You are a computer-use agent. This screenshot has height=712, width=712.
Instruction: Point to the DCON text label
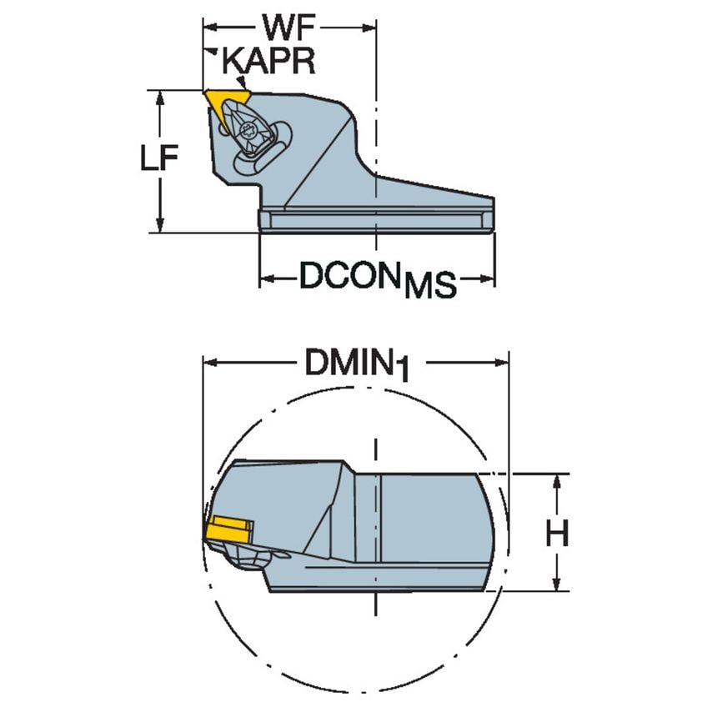350,276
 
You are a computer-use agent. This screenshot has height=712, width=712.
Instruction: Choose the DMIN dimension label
348,363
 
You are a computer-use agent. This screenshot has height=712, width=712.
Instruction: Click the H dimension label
557,533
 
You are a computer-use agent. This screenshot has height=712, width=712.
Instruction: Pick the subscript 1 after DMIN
404,373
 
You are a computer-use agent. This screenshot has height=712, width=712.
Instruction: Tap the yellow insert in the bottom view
228,529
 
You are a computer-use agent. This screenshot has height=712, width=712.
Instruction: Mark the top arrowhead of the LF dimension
158,96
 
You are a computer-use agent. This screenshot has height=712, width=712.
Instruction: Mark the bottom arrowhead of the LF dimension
158,226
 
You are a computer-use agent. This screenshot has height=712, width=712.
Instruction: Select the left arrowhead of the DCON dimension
266,278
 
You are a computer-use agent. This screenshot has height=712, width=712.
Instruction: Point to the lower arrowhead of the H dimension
557,585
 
